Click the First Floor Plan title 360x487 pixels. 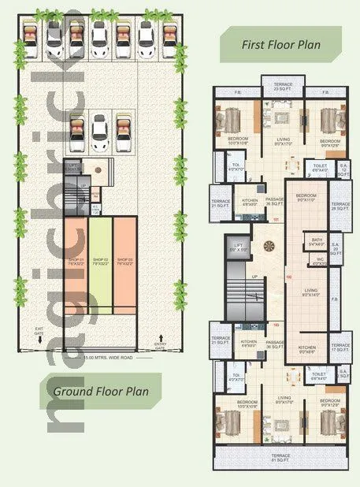click(280, 45)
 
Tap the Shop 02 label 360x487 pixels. click(99, 261)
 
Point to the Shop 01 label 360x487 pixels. click(76, 261)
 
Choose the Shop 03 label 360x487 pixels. click(124, 261)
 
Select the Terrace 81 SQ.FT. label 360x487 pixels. click(282, 459)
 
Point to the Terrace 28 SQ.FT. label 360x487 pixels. click(340, 206)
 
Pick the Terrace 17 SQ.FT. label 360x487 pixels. click(340, 348)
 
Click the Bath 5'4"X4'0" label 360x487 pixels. click(317, 242)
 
